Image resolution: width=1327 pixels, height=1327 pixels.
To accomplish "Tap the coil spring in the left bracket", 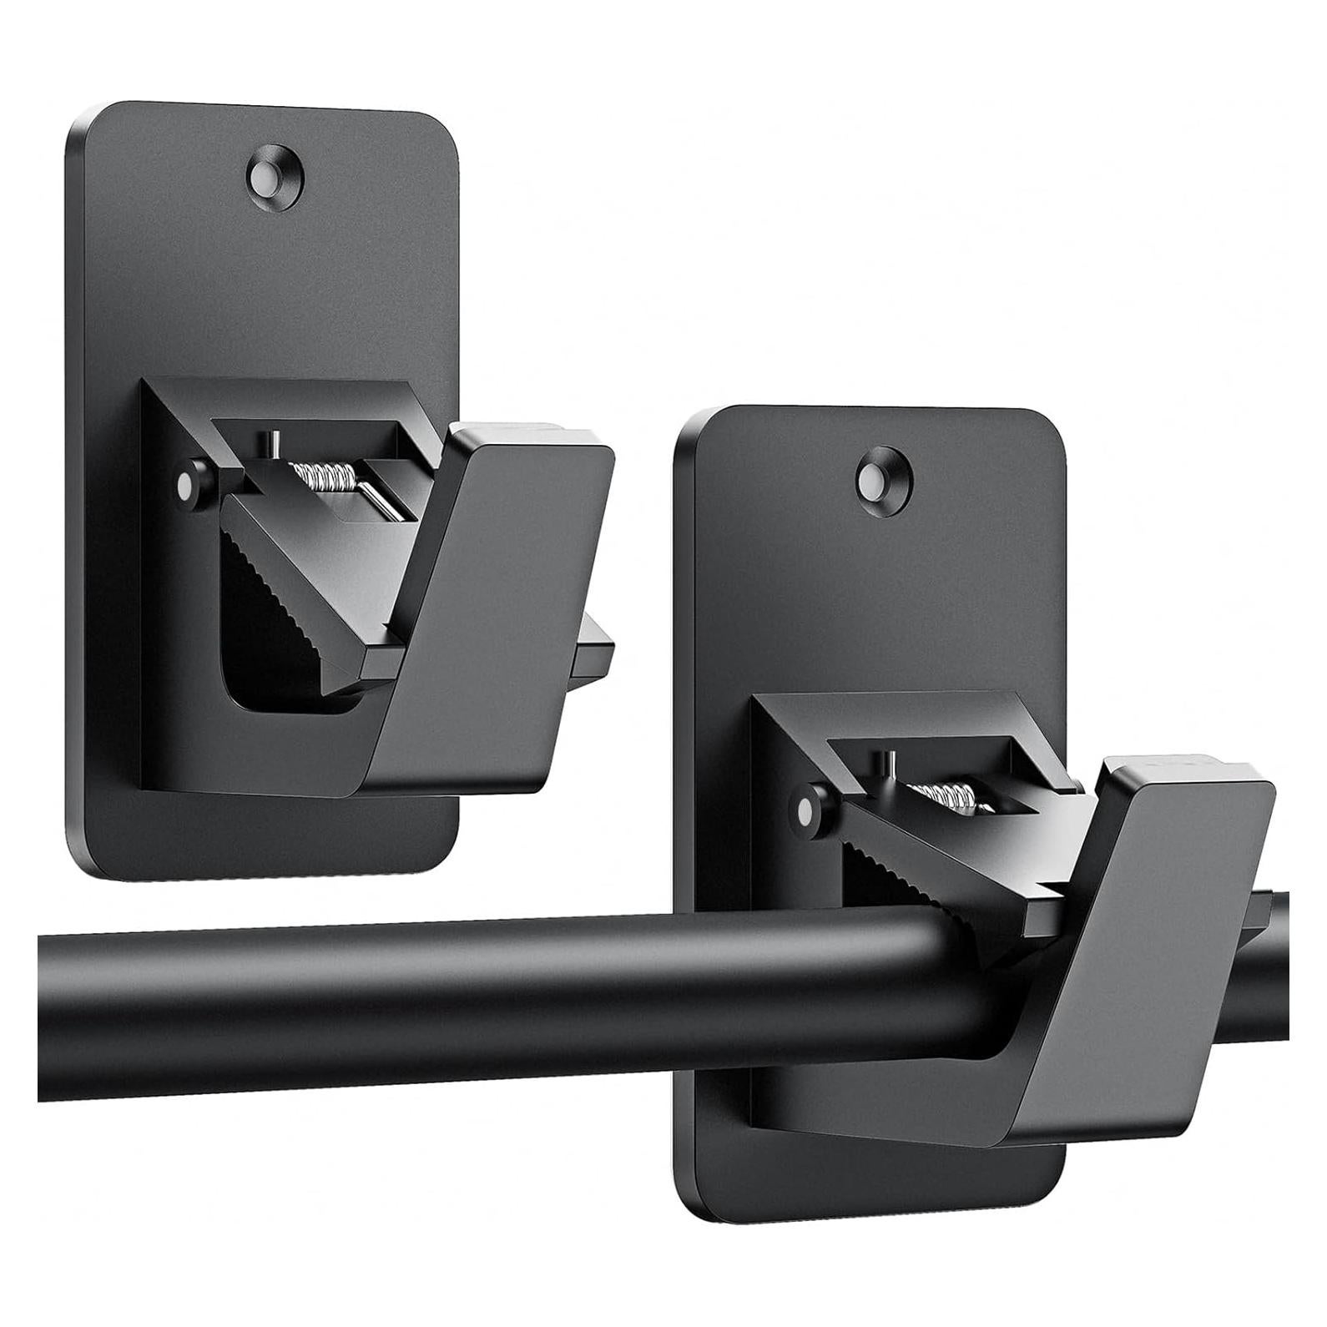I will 326,478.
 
